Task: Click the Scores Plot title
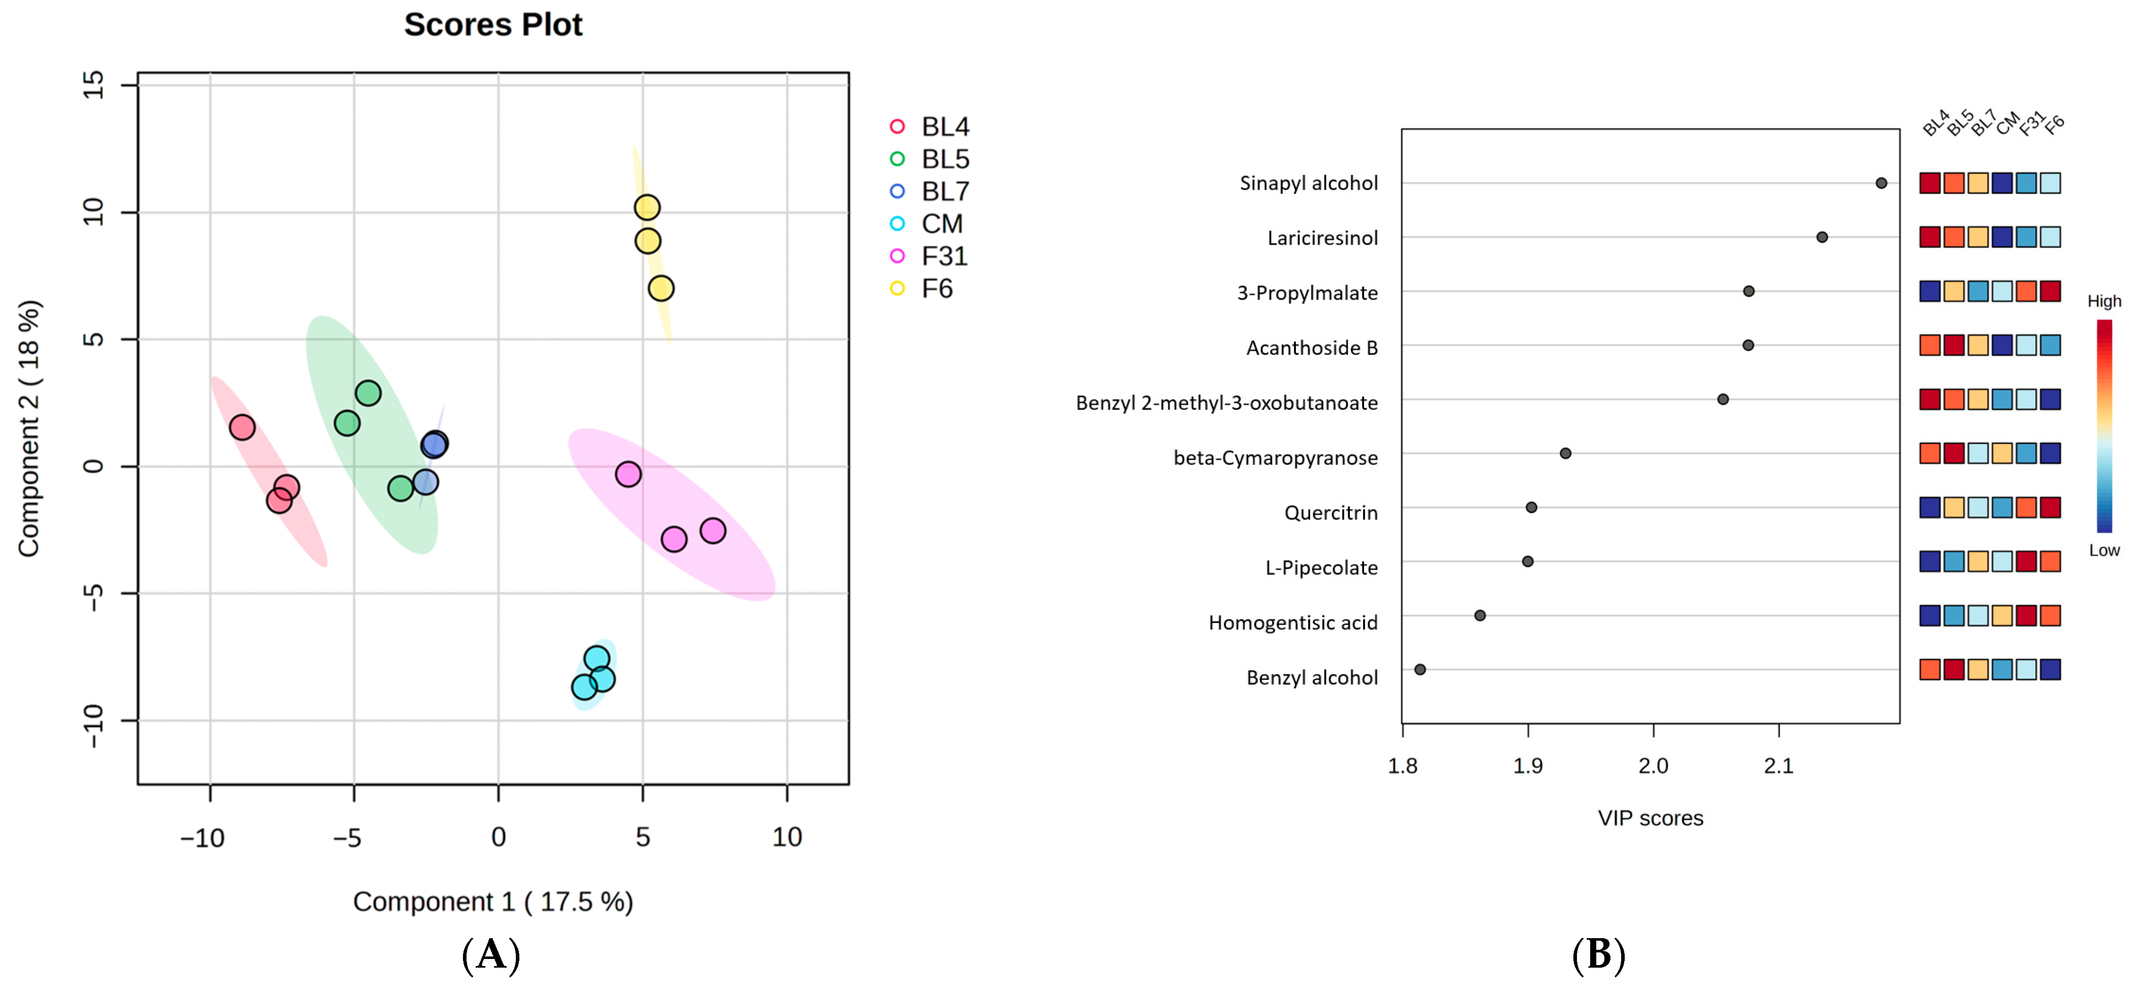tap(493, 25)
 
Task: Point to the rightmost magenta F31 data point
tap(713, 531)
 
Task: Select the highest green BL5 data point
tap(368, 393)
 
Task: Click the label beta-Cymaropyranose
tap(1275, 458)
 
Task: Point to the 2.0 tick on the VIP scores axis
tap(1653, 765)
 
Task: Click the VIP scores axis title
tap(1650, 819)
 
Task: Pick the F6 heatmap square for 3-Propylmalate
tap(2051, 291)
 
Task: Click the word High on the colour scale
tap(2104, 301)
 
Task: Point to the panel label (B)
tap(1598, 956)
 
